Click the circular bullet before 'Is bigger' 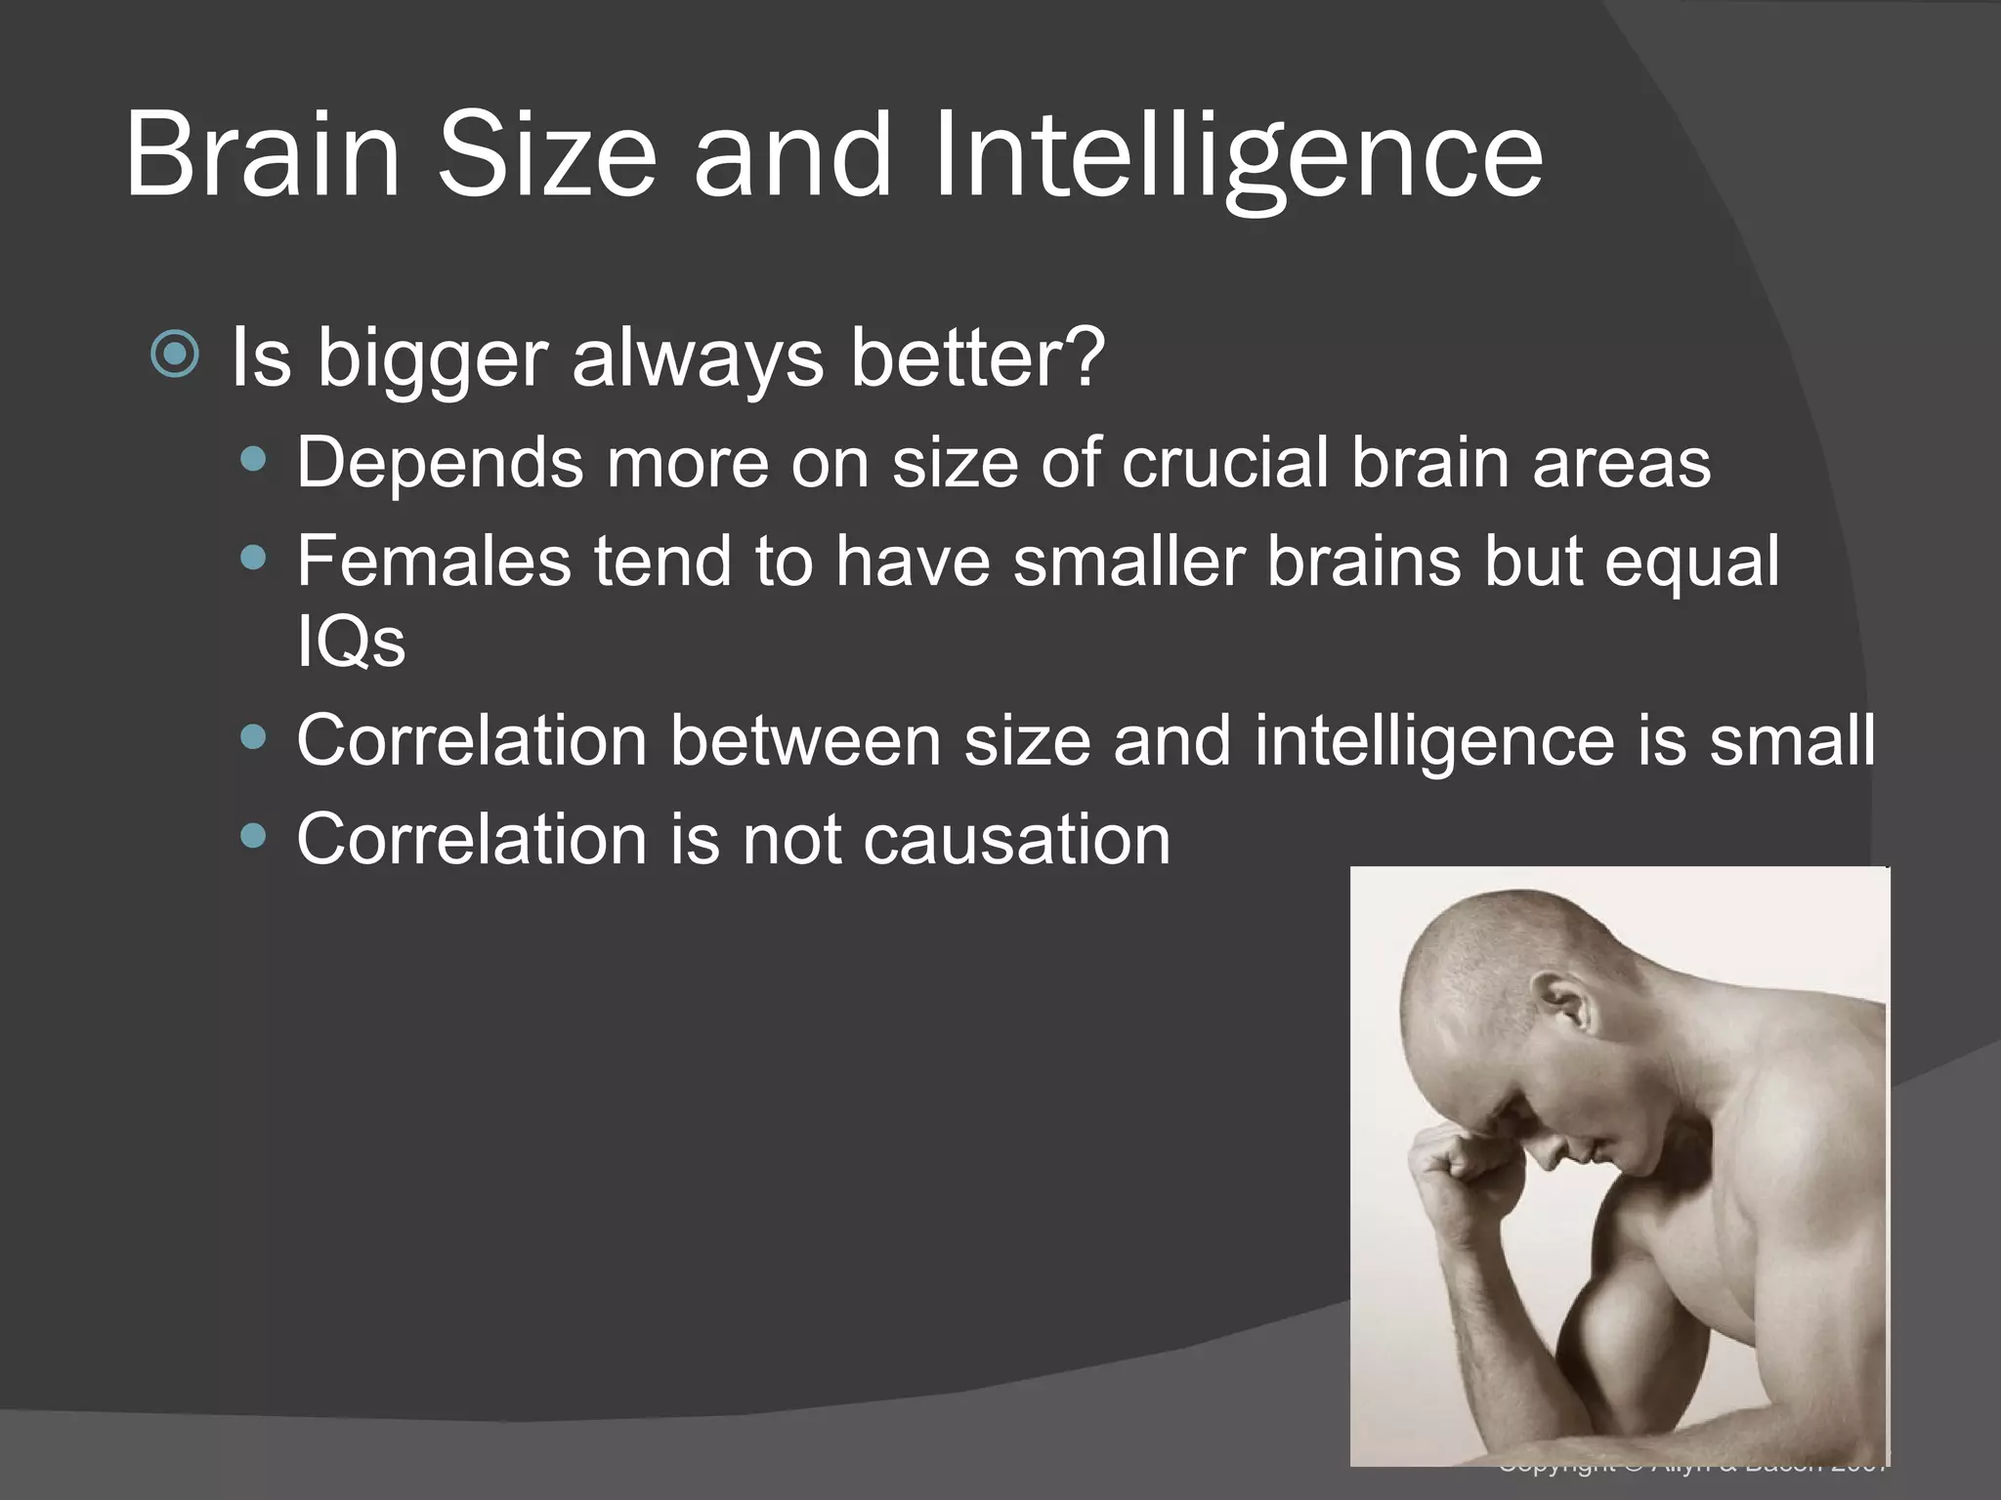(x=176, y=355)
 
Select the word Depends (x=439, y=462)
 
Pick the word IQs (x=351, y=643)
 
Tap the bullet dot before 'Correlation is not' (x=253, y=836)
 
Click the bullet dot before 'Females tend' (x=253, y=558)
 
